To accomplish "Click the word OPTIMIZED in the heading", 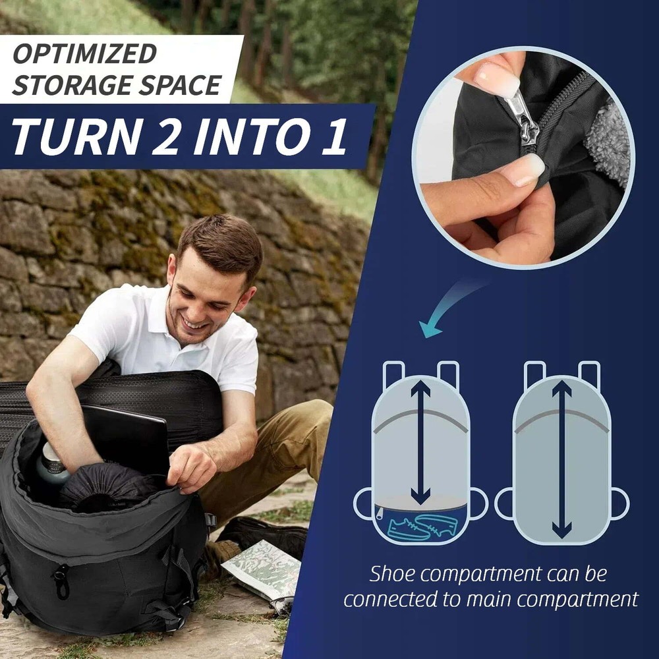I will pos(84,54).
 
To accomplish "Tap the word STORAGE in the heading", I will pos(73,86).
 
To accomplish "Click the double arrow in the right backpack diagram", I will pos(561,458).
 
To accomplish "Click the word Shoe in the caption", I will pos(393,574).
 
